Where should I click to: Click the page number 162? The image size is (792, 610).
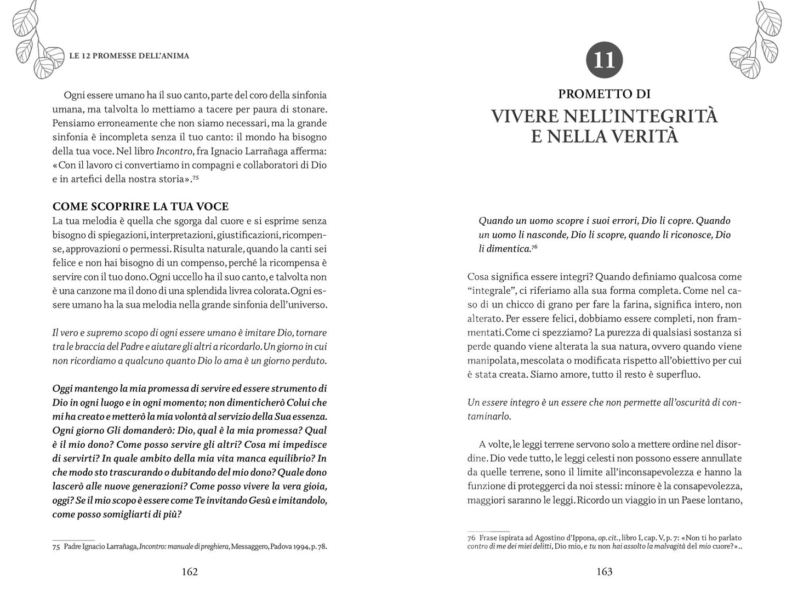click(x=189, y=572)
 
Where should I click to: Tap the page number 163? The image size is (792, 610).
click(x=604, y=572)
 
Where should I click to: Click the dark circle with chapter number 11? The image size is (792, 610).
click(x=604, y=59)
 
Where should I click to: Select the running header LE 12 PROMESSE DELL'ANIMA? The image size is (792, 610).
click(x=129, y=56)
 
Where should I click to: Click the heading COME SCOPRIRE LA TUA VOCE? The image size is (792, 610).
click(x=140, y=207)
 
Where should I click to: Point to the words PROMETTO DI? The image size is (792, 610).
click(x=604, y=94)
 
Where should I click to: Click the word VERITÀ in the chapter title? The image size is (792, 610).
click(x=638, y=136)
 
